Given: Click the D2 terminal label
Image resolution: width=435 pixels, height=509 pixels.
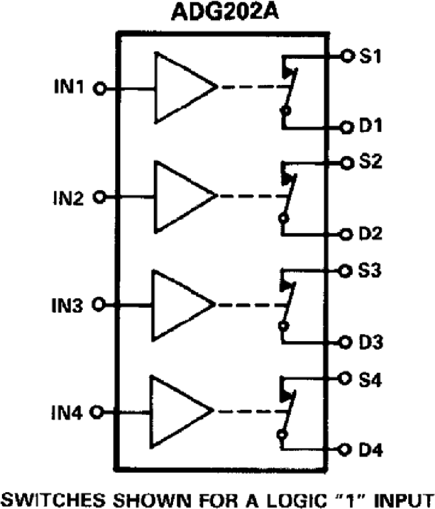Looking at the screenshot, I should point(371,234).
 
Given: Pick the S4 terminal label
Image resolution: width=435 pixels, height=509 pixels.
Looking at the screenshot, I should point(371,379).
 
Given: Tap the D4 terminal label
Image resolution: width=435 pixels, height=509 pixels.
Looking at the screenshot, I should point(371,451).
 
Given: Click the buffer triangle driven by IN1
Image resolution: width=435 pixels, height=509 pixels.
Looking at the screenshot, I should point(179,88).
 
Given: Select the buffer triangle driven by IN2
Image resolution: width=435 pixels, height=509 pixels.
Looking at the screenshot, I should point(179,196).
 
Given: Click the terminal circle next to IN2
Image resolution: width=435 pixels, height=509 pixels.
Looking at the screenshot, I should point(100,197).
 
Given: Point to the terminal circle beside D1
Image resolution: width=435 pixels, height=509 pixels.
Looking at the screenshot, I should point(346,127).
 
